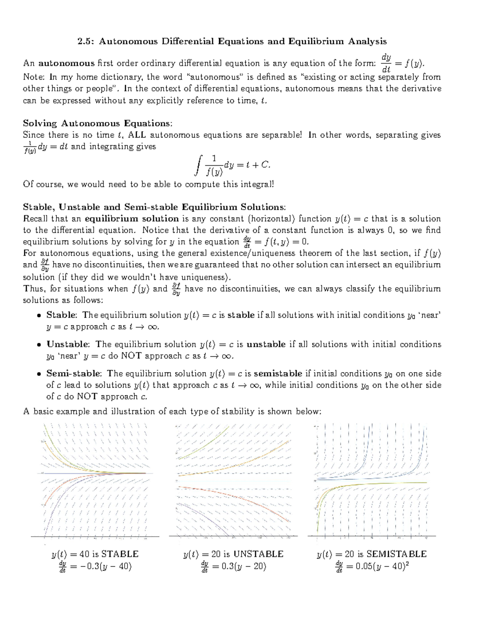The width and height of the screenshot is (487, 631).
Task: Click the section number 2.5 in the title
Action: click(86, 41)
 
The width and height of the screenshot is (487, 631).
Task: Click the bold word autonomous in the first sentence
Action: click(66, 63)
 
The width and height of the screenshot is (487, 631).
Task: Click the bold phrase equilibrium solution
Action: click(132, 219)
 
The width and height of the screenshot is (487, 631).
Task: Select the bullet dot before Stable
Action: click(39, 315)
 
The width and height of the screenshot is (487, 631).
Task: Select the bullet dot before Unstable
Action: click(39, 345)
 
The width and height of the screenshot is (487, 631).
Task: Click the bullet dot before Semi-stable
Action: click(39, 374)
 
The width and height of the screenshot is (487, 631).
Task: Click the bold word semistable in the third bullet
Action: click(278, 373)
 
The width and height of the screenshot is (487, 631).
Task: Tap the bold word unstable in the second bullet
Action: click(266, 344)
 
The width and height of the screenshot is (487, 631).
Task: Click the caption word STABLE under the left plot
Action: click(120, 554)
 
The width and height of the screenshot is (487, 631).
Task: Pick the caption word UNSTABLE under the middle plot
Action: click(259, 554)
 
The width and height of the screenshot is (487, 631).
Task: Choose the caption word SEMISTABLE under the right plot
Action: click(396, 554)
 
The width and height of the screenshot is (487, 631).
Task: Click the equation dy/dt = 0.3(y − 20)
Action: click(233, 566)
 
